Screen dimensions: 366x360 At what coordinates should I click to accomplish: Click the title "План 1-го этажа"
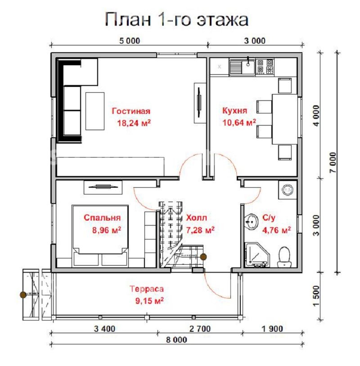(x=176, y=19)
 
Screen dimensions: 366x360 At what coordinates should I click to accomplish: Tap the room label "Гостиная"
(x=131, y=111)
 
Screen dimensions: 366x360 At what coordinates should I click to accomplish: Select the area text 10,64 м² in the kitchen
(x=239, y=122)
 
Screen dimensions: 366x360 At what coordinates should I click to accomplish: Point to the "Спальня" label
(x=102, y=217)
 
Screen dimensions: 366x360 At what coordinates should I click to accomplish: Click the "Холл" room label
(x=196, y=218)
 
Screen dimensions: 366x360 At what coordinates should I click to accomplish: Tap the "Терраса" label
(x=147, y=289)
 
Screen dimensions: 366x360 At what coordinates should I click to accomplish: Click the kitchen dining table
(x=285, y=119)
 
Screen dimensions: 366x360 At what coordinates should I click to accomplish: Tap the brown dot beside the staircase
(x=203, y=257)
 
